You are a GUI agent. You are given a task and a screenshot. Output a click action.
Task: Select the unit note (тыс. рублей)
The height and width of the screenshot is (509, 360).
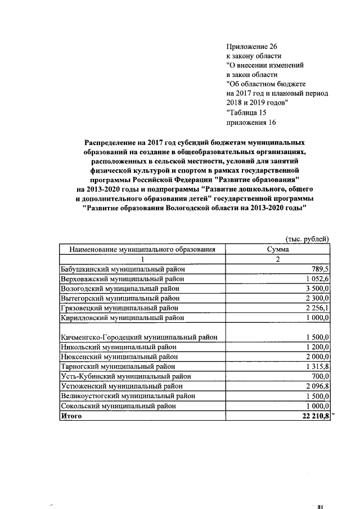tap(307, 238)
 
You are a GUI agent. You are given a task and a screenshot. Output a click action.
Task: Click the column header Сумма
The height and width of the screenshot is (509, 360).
tap(278, 249)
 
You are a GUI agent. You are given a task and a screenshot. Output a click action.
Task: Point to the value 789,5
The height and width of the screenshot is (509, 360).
tap(320, 269)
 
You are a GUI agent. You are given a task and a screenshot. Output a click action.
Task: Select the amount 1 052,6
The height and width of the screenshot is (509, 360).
tap(316, 279)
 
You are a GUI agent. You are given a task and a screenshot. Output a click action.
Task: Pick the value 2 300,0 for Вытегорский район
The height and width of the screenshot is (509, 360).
tap(316, 298)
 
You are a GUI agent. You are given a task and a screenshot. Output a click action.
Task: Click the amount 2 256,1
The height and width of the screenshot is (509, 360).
tap(316, 308)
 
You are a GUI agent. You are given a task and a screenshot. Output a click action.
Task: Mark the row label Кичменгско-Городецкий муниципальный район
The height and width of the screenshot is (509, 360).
tap(139, 337)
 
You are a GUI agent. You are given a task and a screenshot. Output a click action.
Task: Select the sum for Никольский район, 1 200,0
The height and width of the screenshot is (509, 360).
tap(316, 346)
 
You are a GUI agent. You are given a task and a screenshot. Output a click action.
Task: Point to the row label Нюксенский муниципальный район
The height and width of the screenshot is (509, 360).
tap(119, 357)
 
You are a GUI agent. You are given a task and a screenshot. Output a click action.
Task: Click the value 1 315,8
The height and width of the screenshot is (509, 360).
tap(316, 366)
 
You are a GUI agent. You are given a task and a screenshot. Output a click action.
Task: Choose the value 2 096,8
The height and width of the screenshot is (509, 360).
tap(316, 386)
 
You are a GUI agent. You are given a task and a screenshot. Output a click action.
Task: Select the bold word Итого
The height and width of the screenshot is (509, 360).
tap(71, 416)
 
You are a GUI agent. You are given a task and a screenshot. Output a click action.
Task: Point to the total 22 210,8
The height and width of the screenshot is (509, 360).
tap(313, 416)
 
